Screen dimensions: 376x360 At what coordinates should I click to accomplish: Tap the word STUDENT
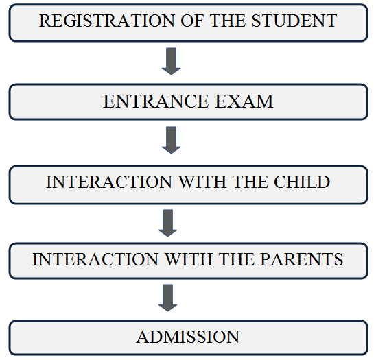294,21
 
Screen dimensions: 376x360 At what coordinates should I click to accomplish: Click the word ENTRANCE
156,101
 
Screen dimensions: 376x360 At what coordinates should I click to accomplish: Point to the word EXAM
244,101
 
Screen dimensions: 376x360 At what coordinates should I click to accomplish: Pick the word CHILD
302,182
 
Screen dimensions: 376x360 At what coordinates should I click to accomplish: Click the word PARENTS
302,259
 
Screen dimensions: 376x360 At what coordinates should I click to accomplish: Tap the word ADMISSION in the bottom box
188,337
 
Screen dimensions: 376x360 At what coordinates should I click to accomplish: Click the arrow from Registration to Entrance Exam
172,61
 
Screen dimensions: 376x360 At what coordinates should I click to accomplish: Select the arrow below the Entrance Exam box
172,140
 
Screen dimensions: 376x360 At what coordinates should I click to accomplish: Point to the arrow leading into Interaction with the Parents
168,223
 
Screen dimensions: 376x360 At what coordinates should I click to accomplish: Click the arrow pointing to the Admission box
168,298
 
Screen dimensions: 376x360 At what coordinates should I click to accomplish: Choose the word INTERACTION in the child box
109,182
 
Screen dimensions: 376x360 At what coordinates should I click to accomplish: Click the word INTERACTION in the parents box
95,259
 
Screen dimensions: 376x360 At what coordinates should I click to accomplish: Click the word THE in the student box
228,21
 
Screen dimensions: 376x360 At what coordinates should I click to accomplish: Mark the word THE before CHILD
250,182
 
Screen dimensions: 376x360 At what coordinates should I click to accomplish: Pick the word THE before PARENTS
237,259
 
